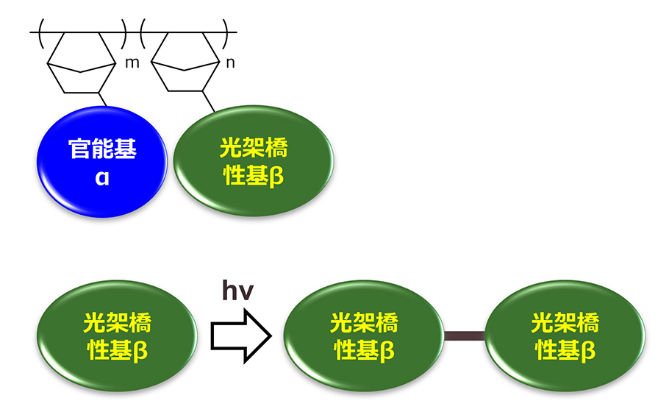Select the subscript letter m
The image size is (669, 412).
coord(132,63)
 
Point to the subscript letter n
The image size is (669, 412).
coord(230,63)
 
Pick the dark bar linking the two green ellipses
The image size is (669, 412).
coord(465,336)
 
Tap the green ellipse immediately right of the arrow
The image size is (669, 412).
coord(364,336)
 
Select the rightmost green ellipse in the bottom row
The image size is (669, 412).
coord(565,336)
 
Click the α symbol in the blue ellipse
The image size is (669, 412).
coord(101,177)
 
